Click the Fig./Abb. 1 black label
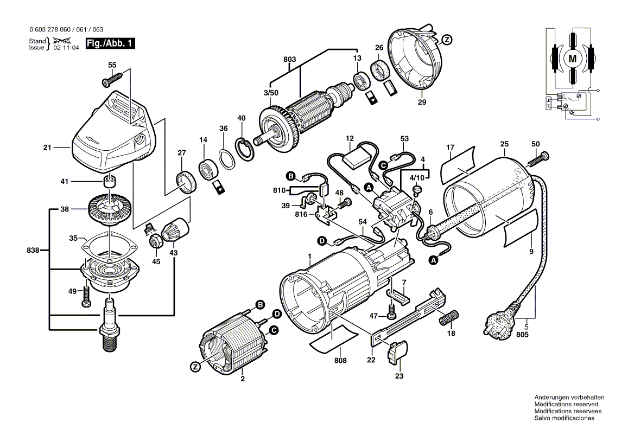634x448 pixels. click(x=110, y=43)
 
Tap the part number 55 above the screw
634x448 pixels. click(x=112, y=65)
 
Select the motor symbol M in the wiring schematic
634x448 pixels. click(x=573, y=59)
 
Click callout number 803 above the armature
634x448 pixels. click(x=289, y=59)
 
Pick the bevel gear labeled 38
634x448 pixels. click(x=110, y=208)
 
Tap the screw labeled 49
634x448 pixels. click(x=85, y=296)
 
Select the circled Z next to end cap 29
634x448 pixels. click(x=447, y=40)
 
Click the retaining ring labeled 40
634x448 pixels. click(x=245, y=148)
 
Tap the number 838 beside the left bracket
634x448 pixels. click(x=33, y=251)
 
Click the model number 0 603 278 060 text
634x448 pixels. click(x=50, y=29)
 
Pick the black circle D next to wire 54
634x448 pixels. click(x=322, y=241)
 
